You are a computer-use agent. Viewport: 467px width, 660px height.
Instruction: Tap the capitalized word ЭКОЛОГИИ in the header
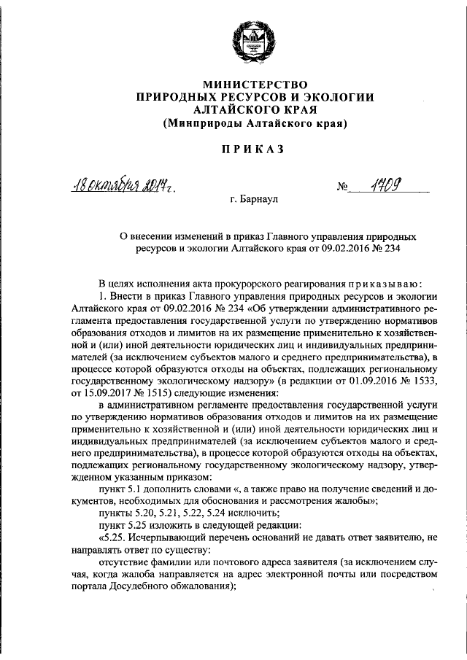(334, 96)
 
